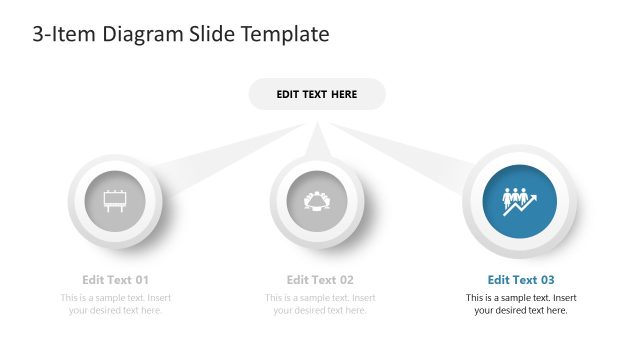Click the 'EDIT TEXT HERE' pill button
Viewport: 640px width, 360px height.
[316, 94]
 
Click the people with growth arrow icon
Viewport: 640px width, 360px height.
[520, 200]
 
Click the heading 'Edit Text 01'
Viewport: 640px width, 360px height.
[115, 280]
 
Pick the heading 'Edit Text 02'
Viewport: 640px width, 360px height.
[320, 280]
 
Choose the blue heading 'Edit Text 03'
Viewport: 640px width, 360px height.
[520, 280]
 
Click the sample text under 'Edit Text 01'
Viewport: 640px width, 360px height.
[115, 304]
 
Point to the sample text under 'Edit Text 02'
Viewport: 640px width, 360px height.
[320, 304]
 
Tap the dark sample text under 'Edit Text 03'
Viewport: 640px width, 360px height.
[520, 304]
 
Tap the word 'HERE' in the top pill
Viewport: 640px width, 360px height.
[341, 94]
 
